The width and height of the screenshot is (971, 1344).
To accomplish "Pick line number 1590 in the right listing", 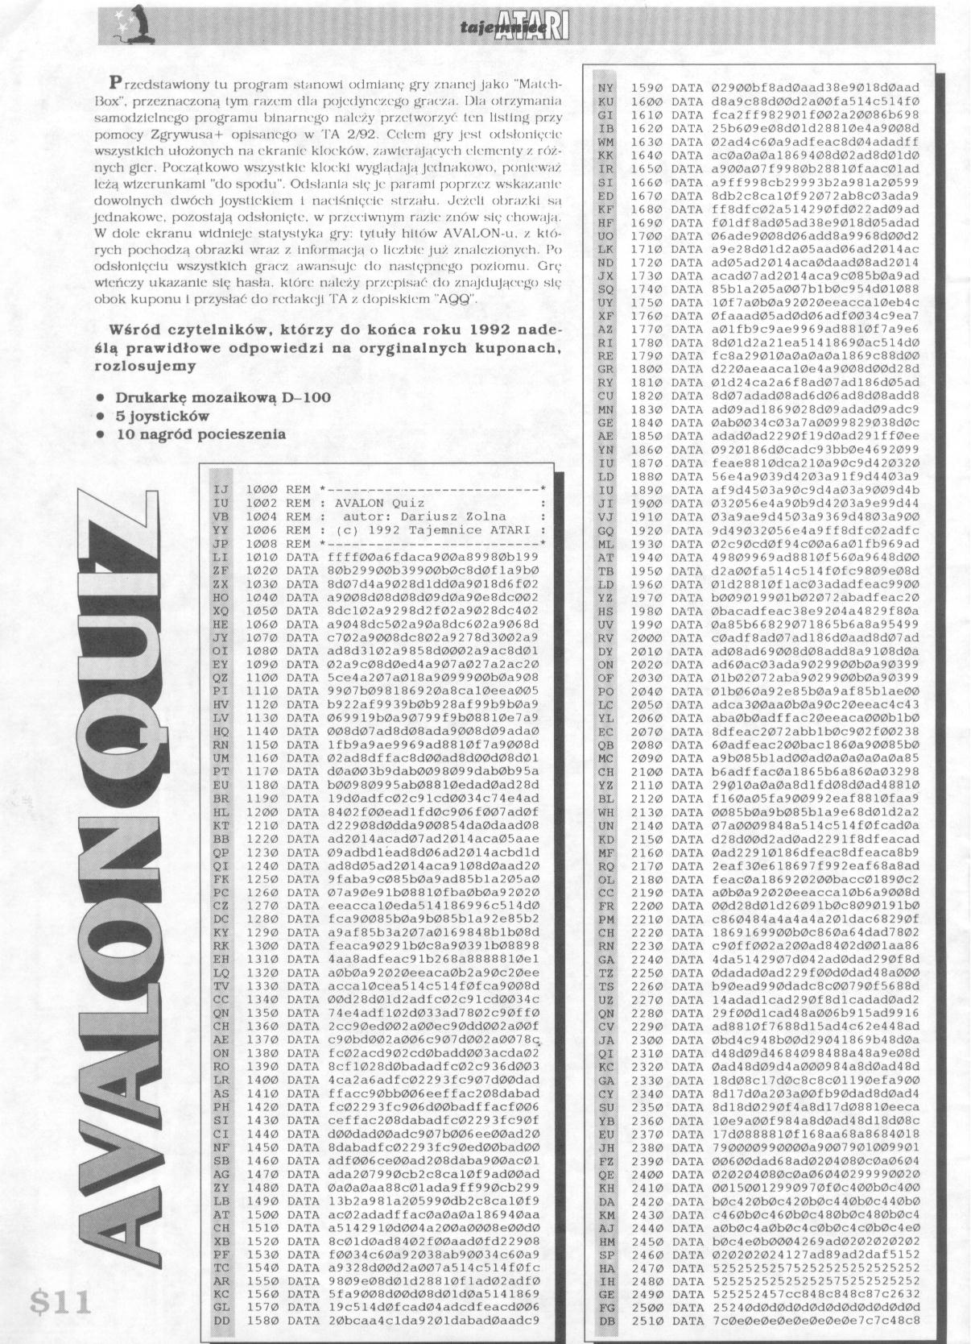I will point(646,87).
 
